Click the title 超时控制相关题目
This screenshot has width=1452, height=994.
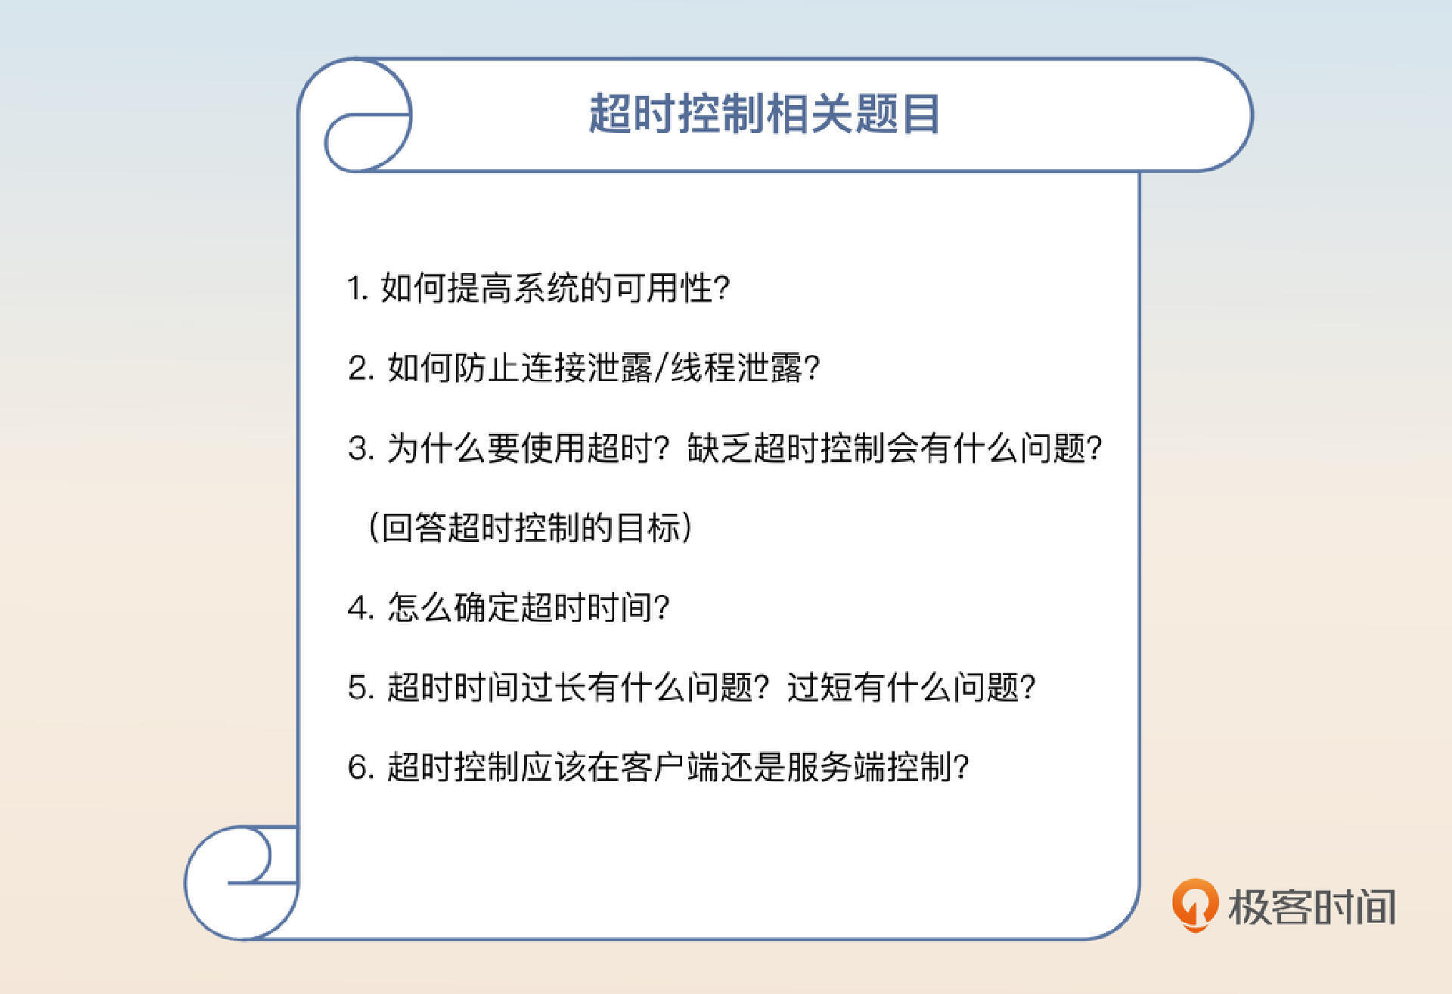coord(764,115)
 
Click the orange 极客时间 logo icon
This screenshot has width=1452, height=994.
coord(1194,904)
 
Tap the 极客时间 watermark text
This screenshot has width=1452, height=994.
coord(1311,906)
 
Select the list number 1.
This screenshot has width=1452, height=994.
coord(356,289)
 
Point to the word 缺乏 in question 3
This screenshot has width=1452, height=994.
coord(719,448)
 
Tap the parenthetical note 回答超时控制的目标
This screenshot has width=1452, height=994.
coord(529,528)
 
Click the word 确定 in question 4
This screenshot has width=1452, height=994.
coord(487,608)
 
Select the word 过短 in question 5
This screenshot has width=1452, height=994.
coord(820,688)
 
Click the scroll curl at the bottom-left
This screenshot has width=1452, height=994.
coord(242,881)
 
